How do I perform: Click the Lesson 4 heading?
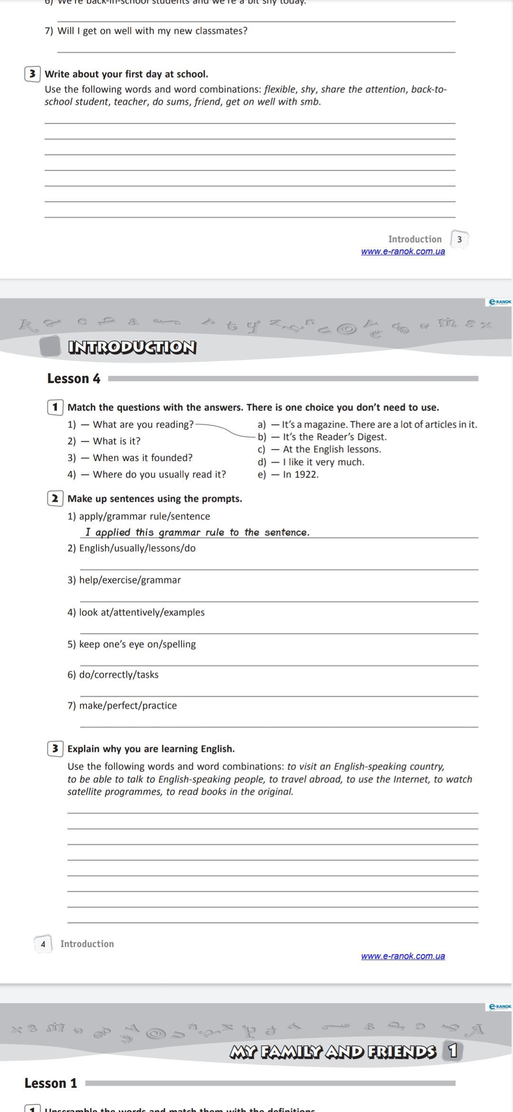point(74,379)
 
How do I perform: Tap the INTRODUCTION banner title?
point(132,347)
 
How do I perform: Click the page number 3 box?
point(459,240)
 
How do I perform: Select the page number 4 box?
point(43,944)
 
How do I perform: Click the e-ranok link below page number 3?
point(403,251)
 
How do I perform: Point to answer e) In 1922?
point(288,474)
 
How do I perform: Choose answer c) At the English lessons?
point(320,449)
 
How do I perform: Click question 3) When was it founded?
point(130,458)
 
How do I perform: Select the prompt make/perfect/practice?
point(122,706)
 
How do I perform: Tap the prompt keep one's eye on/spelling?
point(132,644)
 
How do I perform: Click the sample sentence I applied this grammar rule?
point(197,533)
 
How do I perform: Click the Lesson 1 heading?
point(50,1083)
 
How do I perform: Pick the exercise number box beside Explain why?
point(55,749)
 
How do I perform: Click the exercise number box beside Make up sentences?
point(55,498)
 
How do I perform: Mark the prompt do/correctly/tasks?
point(113,675)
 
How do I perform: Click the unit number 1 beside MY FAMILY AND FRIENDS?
point(453,1051)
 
